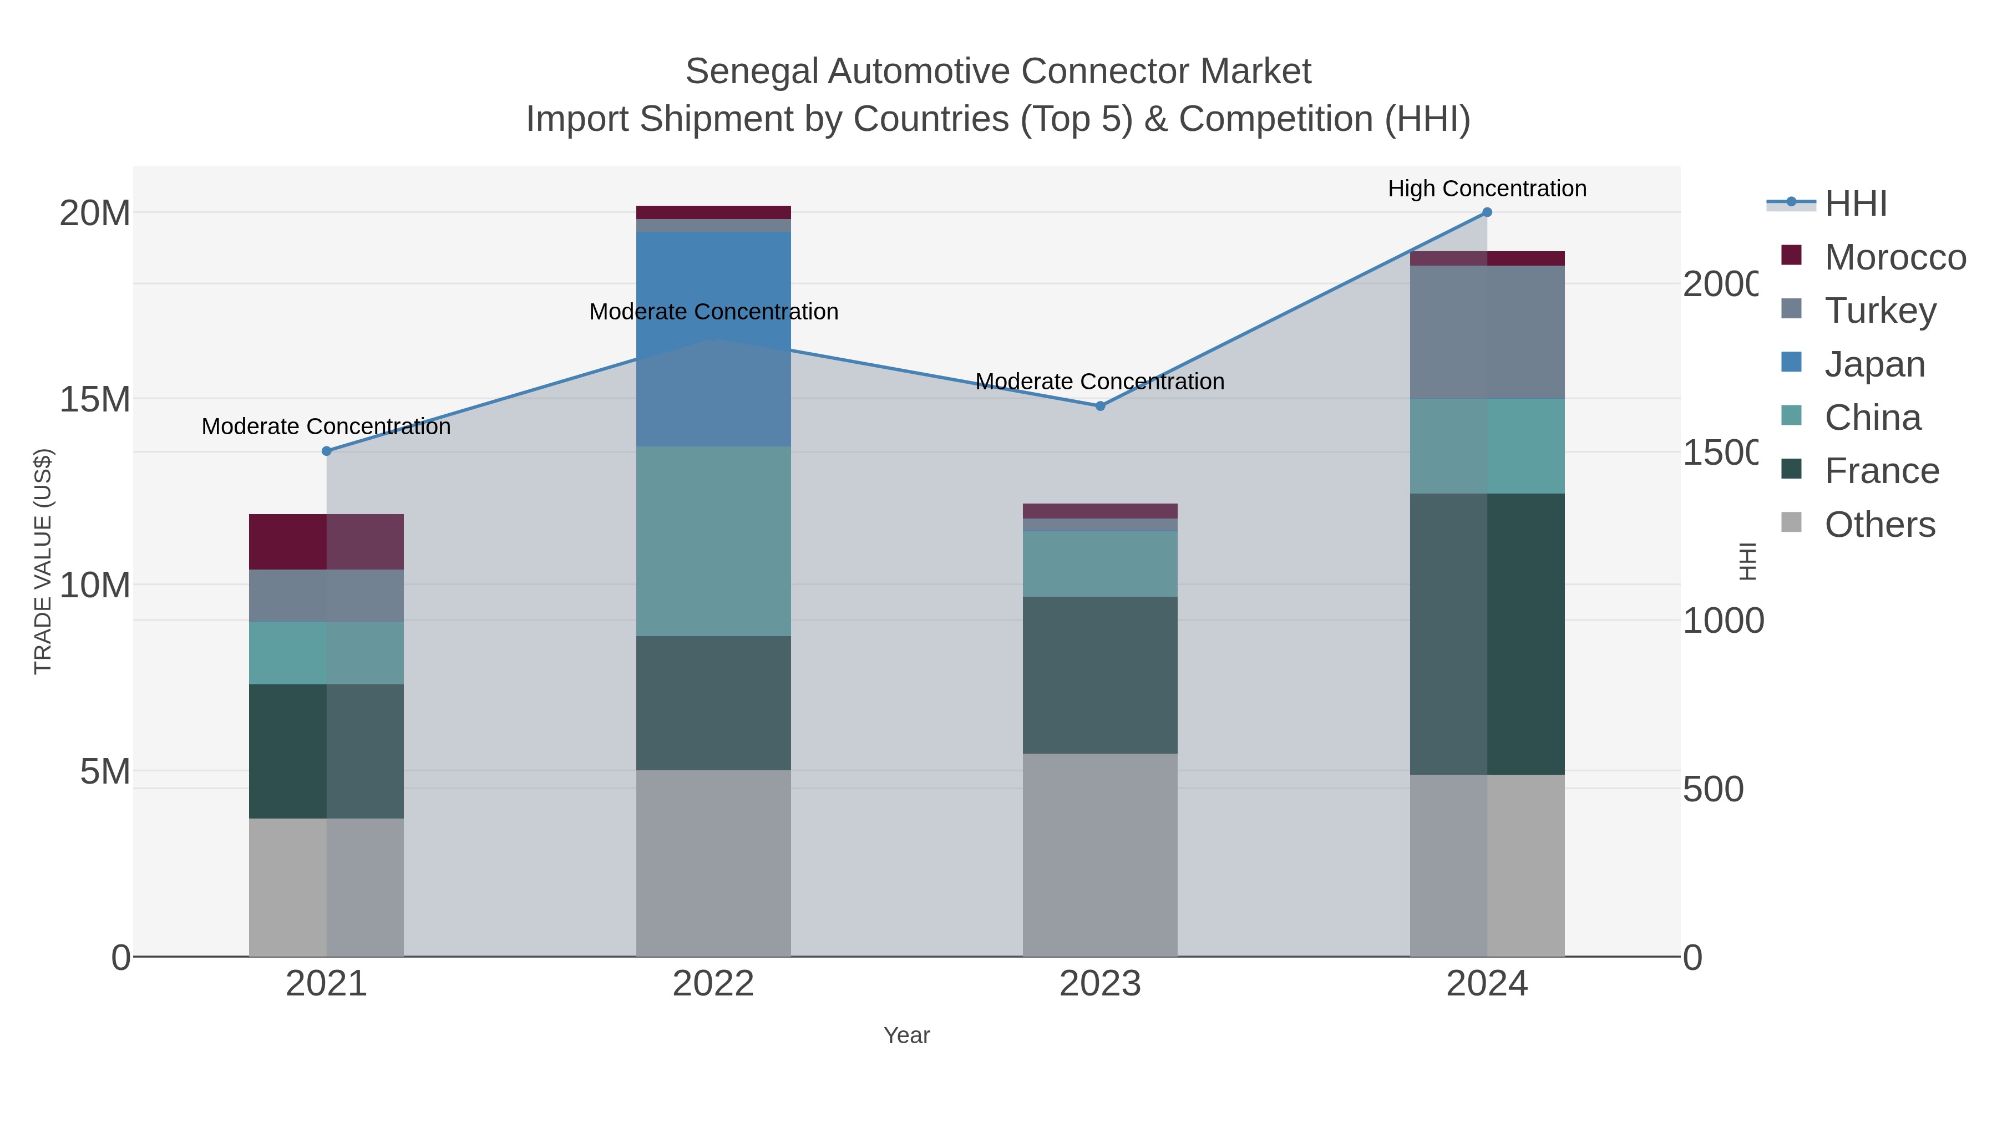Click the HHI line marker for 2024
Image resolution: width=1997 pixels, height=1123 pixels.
[x=1486, y=212]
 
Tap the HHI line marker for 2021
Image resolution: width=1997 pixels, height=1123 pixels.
[x=326, y=450]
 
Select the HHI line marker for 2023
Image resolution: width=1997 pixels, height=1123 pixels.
[x=1099, y=405]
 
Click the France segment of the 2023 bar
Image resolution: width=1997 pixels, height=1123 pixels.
[x=1099, y=674]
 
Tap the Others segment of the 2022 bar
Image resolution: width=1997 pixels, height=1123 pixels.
[x=713, y=862]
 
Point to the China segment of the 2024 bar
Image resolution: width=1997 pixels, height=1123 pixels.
[x=1486, y=446]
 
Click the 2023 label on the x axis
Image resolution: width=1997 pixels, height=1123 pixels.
[x=1099, y=983]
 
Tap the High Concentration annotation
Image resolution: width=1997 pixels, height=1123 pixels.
[x=1486, y=189]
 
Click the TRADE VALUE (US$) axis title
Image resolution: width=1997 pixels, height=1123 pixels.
[x=43, y=561]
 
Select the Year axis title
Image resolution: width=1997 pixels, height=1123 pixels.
[x=906, y=1035]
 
